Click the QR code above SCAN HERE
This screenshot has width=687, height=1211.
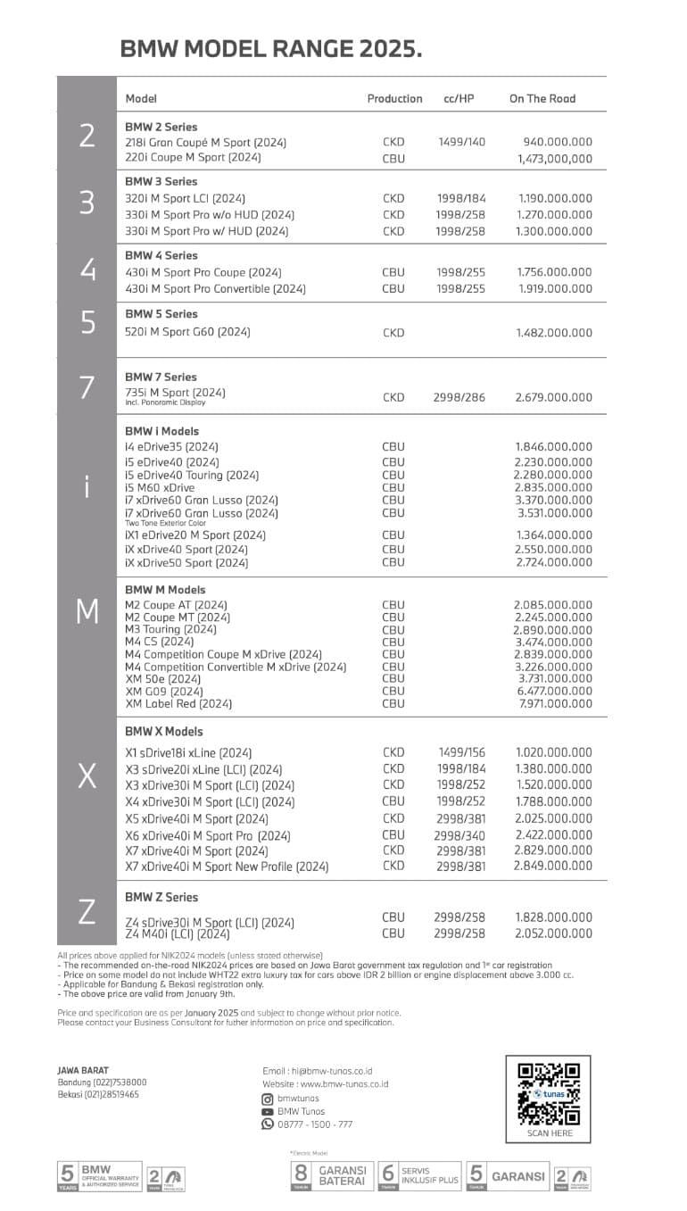pyautogui.click(x=549, y=1093)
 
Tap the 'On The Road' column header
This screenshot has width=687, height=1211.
pyautogui.click(x=542, y=99)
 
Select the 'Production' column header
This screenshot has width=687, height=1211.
pyautogui.click(x=394, y=99)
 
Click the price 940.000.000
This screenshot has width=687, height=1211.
pyautogui.click(x=557, y=142)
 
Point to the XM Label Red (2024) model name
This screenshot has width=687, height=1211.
pyautogui.click(x=178, y=703)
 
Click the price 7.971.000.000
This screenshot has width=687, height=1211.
pyautogui.click(x=555, y=703)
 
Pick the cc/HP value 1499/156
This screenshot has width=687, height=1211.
pyautogui.click(x=460, y=752)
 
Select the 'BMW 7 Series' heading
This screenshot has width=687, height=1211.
pyautogui.click(x=161, y=377)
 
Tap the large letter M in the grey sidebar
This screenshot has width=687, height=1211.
pyautogui.click(x=87, y=612)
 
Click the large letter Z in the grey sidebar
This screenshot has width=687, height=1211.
pyautogui.click(x=87, y=912)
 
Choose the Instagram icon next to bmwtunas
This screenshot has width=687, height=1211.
pyautogui.click(x=267, y=1099)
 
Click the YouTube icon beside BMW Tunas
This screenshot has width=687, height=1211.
pyautogui.click(x=267, y=1112)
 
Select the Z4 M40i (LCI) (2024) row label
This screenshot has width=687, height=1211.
pyautogui.click(x=178, y=934)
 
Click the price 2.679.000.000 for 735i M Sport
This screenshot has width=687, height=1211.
pyautogui.click(x=553, y=397)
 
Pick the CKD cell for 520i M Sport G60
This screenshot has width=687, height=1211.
pyautogui.click(x=393, y=333)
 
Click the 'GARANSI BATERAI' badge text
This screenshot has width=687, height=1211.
pyautogui.click(x=343, y=1176)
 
